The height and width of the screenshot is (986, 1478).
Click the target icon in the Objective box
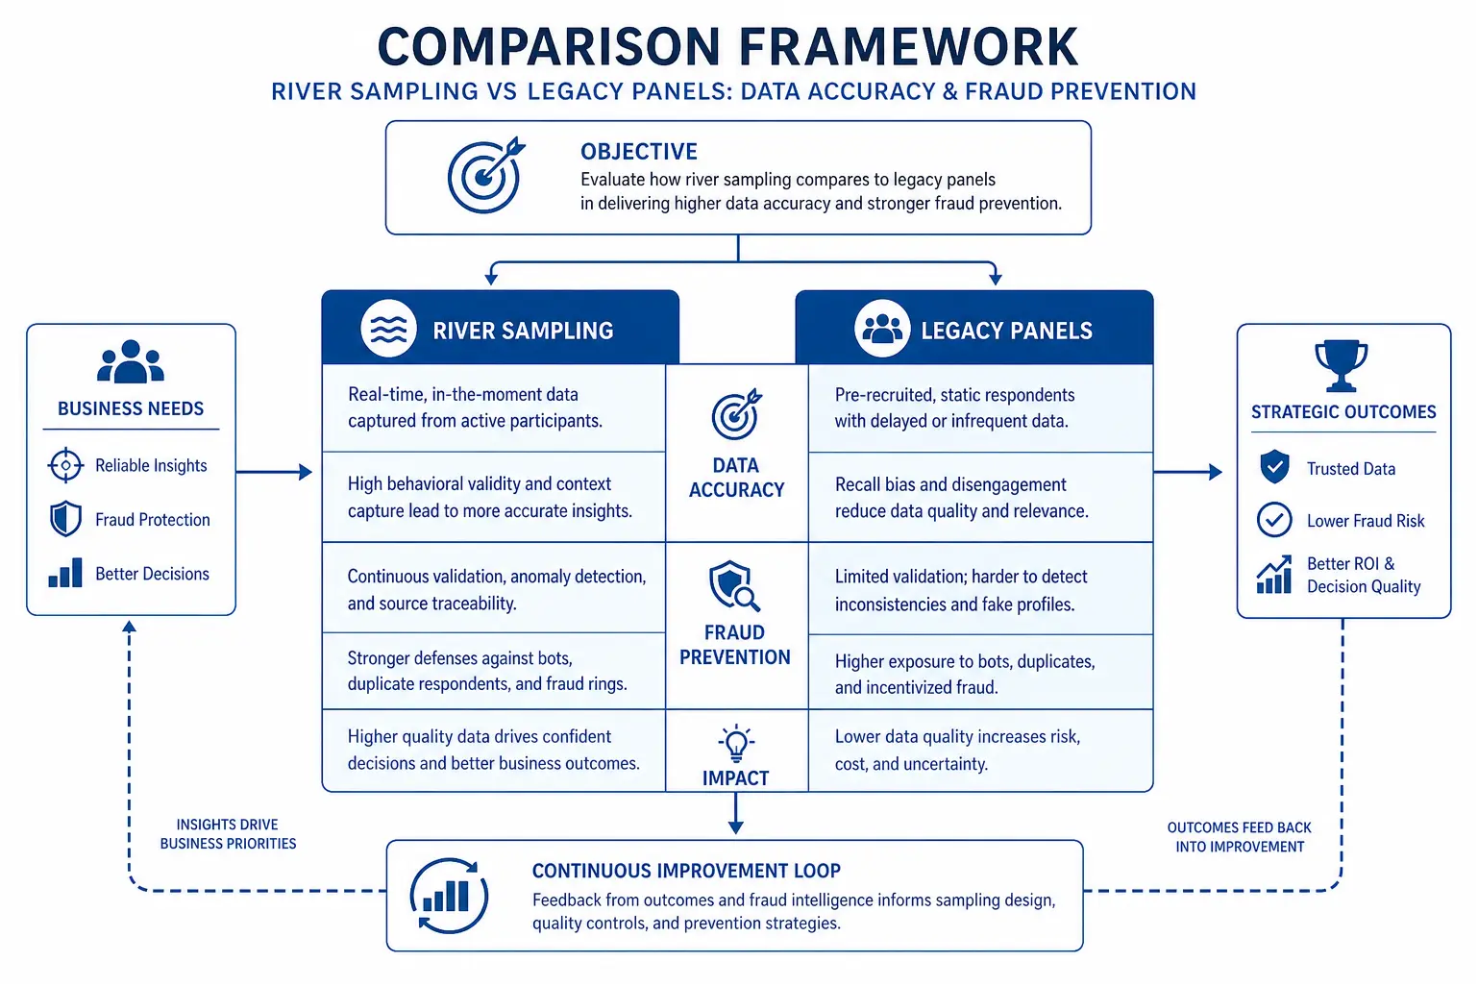(x=486, y=175)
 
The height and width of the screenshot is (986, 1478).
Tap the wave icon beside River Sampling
(x=388, y=329)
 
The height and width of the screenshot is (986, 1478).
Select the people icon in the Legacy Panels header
(x=882, y=329)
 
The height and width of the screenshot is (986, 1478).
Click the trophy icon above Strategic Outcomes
(x=1341, y=365)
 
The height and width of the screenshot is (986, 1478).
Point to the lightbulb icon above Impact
(x=736, y=744)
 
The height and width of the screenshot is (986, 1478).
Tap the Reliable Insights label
(x=151, y=466)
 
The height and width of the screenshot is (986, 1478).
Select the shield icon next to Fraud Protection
(x=65, y=519)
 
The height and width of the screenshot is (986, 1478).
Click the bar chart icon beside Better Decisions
(x=65, y=573)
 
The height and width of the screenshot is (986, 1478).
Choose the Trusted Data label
(x=1350, y=469)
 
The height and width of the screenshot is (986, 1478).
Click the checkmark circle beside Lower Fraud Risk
(x=1274, y=519)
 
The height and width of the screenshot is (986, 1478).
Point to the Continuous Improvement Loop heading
(x=686, y=872)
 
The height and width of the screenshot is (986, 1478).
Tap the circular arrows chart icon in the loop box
(x=449, y=896)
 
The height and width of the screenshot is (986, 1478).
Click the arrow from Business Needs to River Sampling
(x=274, y=472)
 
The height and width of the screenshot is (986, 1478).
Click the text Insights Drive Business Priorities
(x=228, y=834)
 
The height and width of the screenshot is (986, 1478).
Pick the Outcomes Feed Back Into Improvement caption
(x=1239, y=837)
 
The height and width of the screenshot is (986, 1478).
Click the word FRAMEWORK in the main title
(x=908, y=47)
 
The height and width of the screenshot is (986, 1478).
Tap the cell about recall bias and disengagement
(x=980, y=498)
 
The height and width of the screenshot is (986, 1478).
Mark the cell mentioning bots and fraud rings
(x=494, y=671)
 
